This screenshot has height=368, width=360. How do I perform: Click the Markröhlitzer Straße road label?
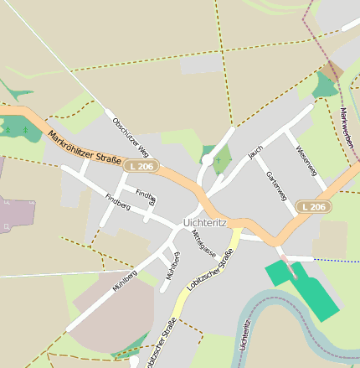pyautogui.click(x=85, y=148)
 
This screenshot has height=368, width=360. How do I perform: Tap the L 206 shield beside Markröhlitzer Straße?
pyautogui.click(x=141, y=167)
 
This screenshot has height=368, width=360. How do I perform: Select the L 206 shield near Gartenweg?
pyautogui.click(x=315, y=206)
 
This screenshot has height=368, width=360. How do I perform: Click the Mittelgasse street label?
pyautogui.click(x=204, y=244)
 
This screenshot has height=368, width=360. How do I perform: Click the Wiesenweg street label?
pyautogui.click(x=306, y=159)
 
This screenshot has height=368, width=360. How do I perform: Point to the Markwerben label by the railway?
pyautogui.click(x=347, y=121)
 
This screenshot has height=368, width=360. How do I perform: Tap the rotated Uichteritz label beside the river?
pyautogui.click(x=244, y=335)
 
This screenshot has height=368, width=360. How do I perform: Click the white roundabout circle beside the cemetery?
pyautogui.click(x=207, y=159)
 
